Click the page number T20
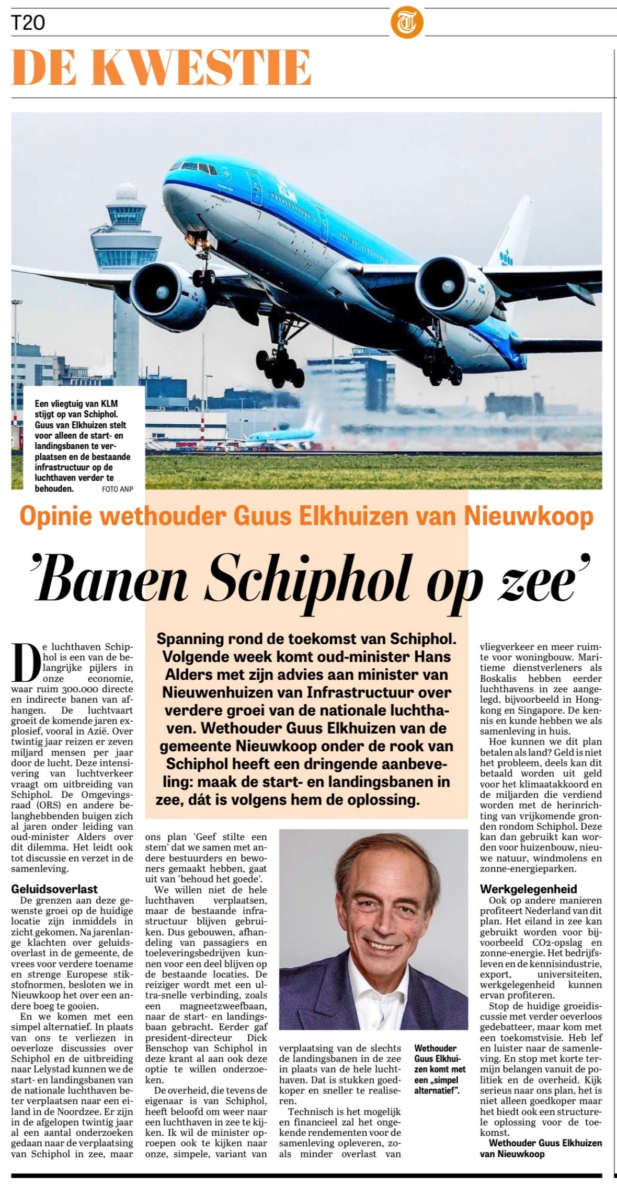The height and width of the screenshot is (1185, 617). pyautogui.click(x=28, y=23)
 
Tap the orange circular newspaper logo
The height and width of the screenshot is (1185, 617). pyautogui.click(x=406, y=24)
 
